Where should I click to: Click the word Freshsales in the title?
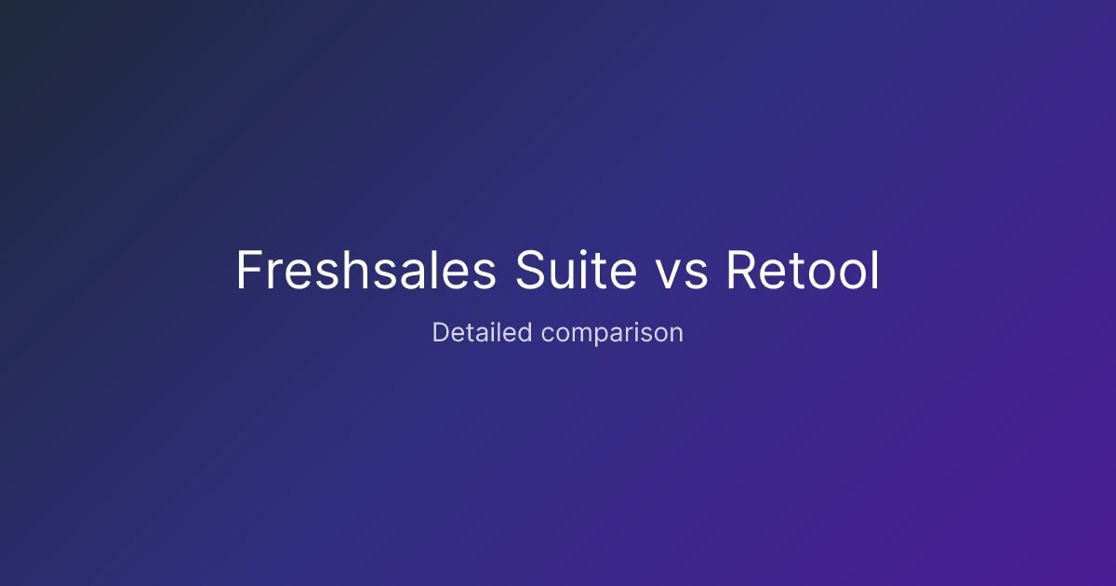366,270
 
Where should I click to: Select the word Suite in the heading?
577,270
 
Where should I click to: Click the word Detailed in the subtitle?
483,332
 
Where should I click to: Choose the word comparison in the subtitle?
612,334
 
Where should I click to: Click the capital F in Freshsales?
249,270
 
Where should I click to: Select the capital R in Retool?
741,270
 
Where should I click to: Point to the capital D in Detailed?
442,332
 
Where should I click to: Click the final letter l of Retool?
876,270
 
